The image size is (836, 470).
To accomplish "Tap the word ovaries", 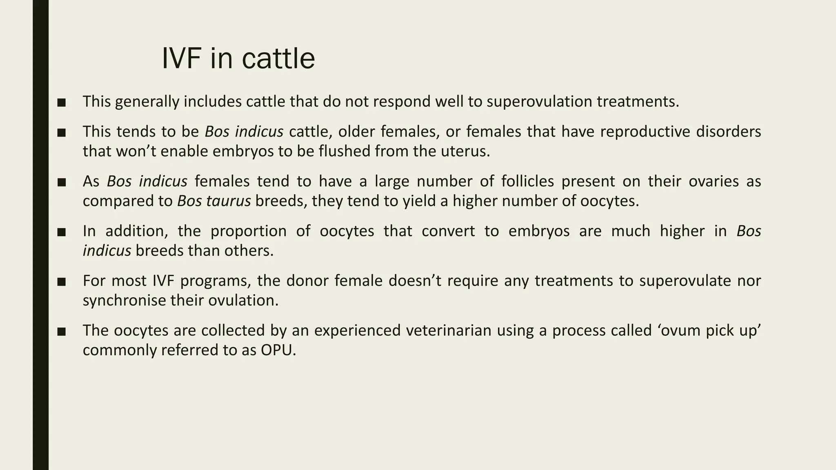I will [714, 181].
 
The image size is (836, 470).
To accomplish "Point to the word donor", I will [308, 281].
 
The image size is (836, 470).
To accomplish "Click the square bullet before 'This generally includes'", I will [62, 102].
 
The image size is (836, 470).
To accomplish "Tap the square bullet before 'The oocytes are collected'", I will [62, 331].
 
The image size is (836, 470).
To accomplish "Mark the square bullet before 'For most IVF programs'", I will [62, 282].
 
